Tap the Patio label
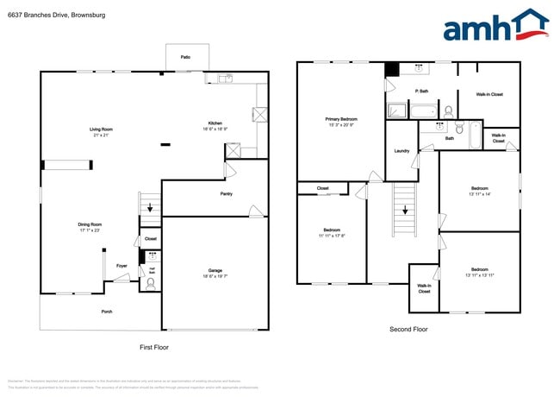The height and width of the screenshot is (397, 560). pos(185,57)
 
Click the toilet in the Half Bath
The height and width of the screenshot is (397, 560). pos(152,280)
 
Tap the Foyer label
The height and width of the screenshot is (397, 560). pos(121,265)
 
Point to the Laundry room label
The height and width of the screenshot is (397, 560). pos(401,151)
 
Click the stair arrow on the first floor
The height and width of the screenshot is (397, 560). pos(151,207)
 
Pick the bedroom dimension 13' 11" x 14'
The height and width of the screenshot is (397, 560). pos(479,194)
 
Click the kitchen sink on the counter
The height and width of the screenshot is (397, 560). pos(226,79)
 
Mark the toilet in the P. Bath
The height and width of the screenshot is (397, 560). pos(447,110)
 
